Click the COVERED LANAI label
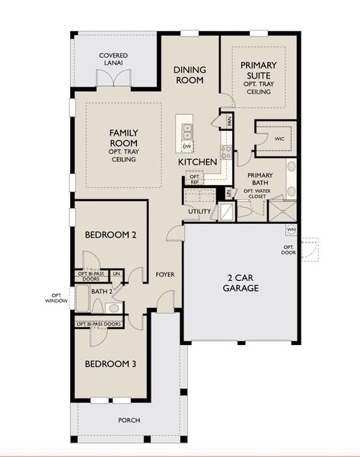113,60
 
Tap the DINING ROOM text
190,74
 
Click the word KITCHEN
198,163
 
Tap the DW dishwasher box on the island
186,145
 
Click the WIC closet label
279,139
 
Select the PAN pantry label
228,120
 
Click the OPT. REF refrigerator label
195,180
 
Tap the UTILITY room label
199,211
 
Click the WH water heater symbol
291,228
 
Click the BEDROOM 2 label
110,235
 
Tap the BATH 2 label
102,290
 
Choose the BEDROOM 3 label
110,364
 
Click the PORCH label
128,420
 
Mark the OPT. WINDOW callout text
56,299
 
